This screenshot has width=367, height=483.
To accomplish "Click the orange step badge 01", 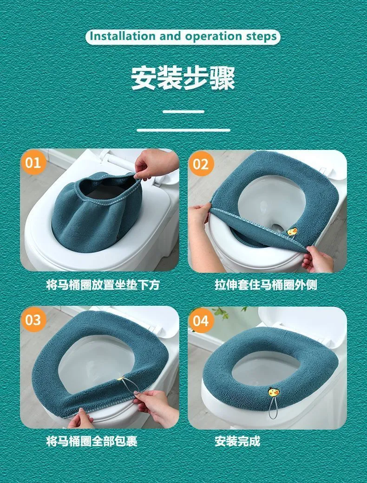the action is pyautogui.click(x=33, y=162).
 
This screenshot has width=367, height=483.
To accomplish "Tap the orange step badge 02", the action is pyautogui.click(x=201, y=164).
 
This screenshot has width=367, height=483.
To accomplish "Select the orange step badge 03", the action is pyautogui.click(x=33, y=320).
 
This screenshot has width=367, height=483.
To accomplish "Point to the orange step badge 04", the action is pyautogui.click(x=201, y=321).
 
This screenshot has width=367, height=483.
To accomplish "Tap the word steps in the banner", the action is pyautogui.click(x=261, y=37).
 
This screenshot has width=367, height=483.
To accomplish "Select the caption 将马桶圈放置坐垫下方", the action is pyautogui.click(x=103, y=284).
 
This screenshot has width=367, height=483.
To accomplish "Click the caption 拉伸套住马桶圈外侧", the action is pyautogui.click(x=266, y=284).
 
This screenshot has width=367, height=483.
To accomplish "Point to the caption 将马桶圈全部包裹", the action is pyautogui.click(x=92, y=441).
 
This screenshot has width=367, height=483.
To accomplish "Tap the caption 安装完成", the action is pyautogui.click(x=237, y=441).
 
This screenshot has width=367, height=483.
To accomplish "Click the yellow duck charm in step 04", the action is pyautogui.click(x=273, y=392).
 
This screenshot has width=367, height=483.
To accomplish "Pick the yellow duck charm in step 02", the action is pyautogui.click(x=292, y=232).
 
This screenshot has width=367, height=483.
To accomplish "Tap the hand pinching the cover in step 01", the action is pyautogui.click(x=156, y=164).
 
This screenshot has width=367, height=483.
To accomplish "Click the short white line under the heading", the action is pyautogui.click(x=183, y=111).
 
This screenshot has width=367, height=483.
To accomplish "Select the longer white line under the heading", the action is pyautogui.click(x=183, y=130).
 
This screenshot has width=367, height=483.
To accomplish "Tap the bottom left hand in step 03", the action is pyautogui.click(x=80, y=419).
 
